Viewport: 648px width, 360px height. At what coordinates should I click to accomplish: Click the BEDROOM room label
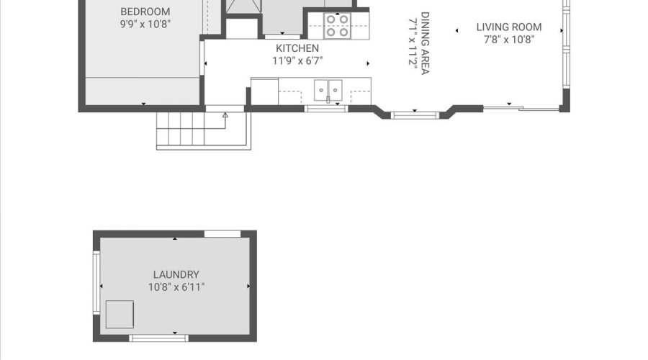(145, 12)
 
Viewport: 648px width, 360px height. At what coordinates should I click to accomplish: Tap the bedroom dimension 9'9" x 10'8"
(145, 24)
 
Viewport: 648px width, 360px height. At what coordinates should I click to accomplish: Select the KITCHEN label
(297, 48)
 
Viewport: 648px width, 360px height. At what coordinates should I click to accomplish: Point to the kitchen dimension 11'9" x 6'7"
(297, 60)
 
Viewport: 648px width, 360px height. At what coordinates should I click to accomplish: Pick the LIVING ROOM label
(509, 27)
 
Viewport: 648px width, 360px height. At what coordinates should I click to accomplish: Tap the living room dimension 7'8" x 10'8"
(509, 40)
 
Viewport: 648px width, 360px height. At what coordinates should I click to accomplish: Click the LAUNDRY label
(176, 274)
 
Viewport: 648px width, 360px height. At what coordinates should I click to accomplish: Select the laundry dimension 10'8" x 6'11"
(176, 287)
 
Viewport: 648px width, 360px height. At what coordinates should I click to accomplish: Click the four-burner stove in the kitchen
(337, 26)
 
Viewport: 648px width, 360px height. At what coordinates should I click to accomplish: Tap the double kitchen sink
(328, 90)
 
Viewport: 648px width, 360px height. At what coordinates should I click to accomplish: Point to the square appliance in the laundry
(120, 315)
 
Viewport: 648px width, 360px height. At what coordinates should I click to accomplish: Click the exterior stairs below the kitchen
(203, 130)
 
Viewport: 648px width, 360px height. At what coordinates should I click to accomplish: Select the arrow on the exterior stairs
(225, 121)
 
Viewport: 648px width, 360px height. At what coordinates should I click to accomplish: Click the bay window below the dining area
(415, 115)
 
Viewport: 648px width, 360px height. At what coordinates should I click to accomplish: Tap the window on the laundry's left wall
(96, 283)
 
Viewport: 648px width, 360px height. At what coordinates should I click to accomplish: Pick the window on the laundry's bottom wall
(158, 338)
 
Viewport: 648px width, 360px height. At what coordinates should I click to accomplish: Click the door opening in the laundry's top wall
(222, 234)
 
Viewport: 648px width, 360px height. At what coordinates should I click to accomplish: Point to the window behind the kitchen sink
(326, 109)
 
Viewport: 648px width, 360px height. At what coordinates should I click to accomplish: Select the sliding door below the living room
(521, 109)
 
